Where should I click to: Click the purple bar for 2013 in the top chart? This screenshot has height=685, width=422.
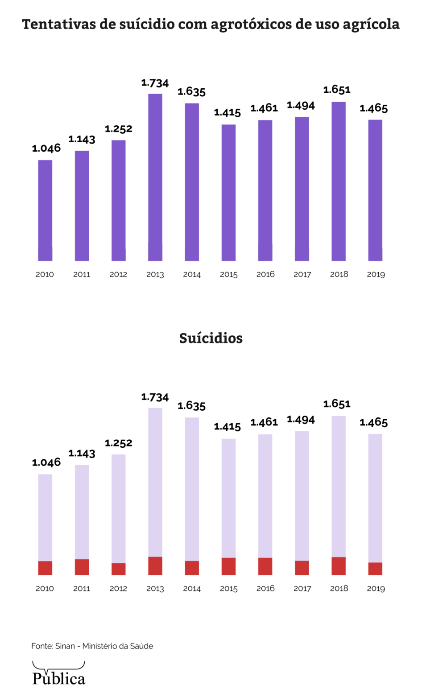click(x=155, y=177)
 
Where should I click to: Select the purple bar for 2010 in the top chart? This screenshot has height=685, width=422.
click(x=45, y=210)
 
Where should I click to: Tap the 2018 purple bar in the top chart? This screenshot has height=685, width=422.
click(x=339, y=181)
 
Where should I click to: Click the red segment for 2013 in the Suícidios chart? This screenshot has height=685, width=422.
click(x=155, y=565)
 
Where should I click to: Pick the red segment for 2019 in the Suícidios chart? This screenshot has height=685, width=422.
click(x=375, y=569)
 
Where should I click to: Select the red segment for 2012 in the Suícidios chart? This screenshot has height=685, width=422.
click(x=119, y=569)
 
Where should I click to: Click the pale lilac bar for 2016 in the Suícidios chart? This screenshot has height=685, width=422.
click(x=265, y=495)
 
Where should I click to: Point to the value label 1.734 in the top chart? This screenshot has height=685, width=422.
click(x=155, y=83)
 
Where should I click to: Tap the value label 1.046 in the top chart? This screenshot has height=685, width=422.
click(x=46, y=149)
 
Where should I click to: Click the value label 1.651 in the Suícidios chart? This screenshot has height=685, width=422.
click(x=337, y=404)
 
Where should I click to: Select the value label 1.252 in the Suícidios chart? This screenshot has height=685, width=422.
click(x=119, y=443)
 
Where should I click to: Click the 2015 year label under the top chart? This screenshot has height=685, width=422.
click(x=228, y=275)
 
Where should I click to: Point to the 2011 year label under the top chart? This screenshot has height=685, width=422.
click(x=82, y=275)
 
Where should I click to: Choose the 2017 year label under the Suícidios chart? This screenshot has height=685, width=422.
click(x=302, y=589)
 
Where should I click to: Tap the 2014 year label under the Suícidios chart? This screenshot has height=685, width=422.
click(x=192, y=589)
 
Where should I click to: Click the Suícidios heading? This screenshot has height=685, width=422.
click(x=211, y=338)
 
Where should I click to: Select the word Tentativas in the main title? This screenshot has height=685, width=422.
click(x=59, y=24)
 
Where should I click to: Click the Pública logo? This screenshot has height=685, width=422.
click(x=58, y=674)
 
